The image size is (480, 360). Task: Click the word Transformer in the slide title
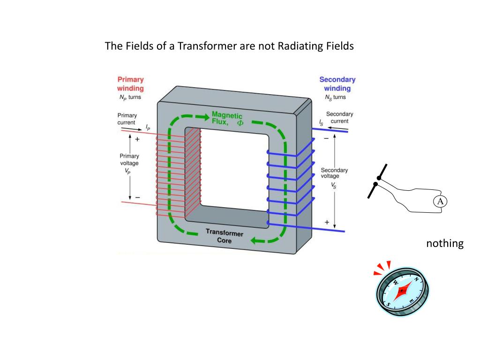[205, 46]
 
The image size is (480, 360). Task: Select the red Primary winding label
[130, 83]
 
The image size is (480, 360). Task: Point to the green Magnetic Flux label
[227, 118]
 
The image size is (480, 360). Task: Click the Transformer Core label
[224, 237]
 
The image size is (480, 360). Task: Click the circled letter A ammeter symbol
[440, 202]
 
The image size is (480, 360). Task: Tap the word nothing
[445, 243]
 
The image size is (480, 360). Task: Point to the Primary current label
[127, 119]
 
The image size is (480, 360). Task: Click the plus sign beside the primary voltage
[137, 139]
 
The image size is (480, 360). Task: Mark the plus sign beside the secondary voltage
[327, 222]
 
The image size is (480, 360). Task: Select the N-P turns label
[129, 97]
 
